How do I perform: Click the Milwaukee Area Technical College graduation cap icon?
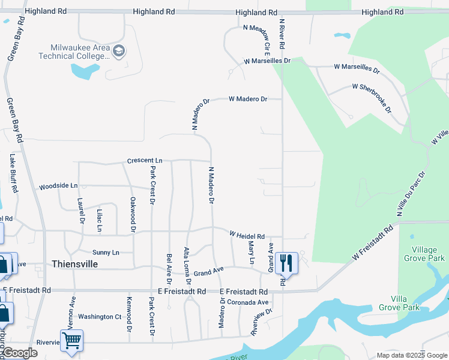pyautogui.click(x=118, y=51)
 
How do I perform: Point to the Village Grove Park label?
pyautogui.click(x=429, y=254)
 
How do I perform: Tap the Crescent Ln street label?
pyautogui.click(x=145, y=161)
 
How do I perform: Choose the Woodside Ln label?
pyautogui.click(x=58, y=187)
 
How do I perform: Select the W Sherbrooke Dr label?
pyautogui.click(x=372, y=98)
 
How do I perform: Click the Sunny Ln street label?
pyautogui.click(x=106, y=252)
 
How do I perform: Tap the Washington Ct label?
pyautogui.click(x=100, y=316)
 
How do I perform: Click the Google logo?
pyautogui.click(x=19, y=353)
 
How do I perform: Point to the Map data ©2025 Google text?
pyautogui.click(x=411, y=355)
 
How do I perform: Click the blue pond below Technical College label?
pyautogui.click(x=85, y=71)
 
